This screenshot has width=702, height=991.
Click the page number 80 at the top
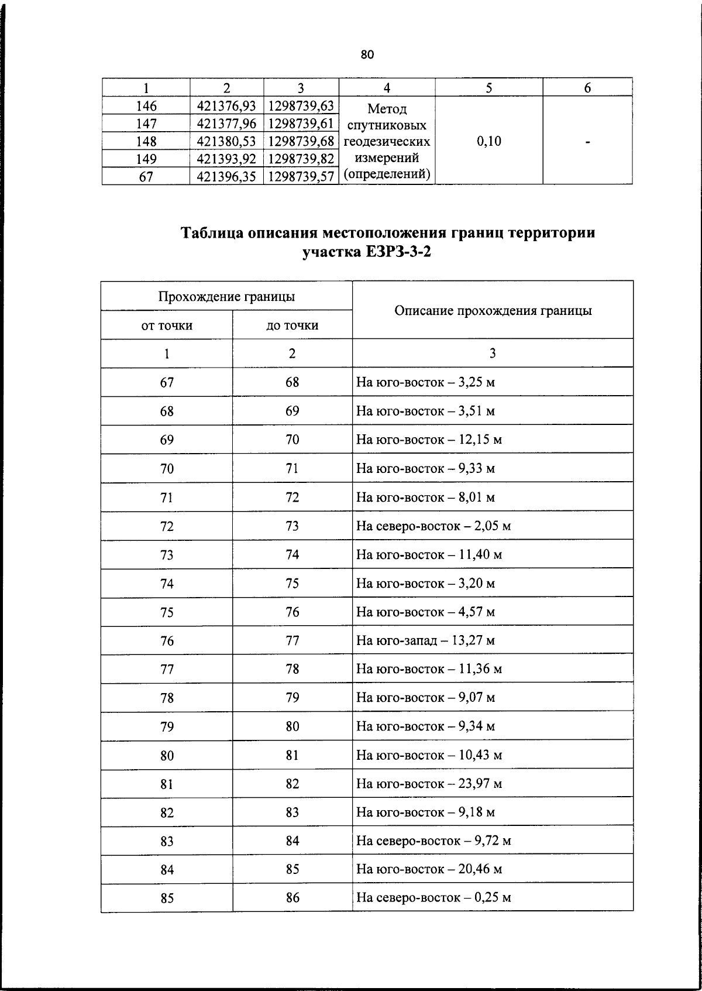[x=367, y=55]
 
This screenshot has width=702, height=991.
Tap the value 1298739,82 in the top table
[x=301, y=159]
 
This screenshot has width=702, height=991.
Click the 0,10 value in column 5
[x=488, y=141]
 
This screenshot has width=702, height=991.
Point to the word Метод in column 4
[x=387, y=109]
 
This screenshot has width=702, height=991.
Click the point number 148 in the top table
[x=146, y=141]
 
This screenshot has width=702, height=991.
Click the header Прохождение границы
[x=226, y=296]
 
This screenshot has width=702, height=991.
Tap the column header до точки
[x=292, y=325]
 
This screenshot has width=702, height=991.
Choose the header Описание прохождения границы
[x=493, y=311]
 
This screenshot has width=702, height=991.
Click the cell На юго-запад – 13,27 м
[x=425, y=640]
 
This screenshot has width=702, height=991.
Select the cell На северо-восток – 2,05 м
[x=433, y=526]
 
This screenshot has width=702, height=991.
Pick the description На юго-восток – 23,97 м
[x=429, y=784]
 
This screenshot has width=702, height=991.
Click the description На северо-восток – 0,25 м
[x=433, y=898]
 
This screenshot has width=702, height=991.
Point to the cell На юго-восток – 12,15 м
[x=429, y=440]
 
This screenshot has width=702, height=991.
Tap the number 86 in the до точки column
[x=292, y=898]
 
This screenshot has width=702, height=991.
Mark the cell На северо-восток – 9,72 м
[x=433, y=841]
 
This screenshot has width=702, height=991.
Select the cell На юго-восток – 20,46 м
[x=429, y=870]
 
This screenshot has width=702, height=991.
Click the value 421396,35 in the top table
[x=226, y=176]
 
